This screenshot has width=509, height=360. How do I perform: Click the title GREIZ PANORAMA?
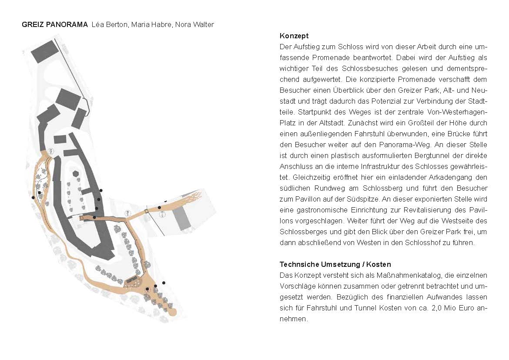click(55, 25)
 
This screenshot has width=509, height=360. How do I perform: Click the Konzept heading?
click(294, 36)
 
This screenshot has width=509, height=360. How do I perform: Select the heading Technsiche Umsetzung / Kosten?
click(335, 264)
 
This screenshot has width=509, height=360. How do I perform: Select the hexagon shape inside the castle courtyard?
click(76, 173)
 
